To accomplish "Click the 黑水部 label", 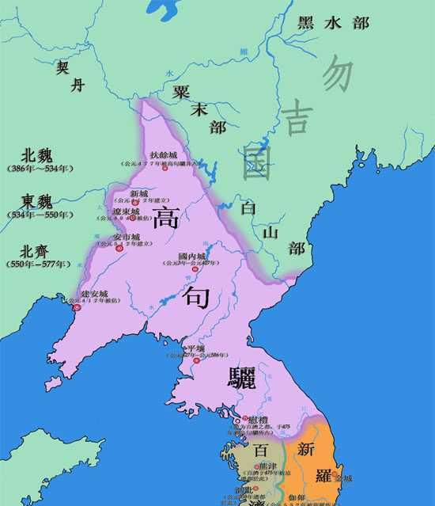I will tap(333, 23).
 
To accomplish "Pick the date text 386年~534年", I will tap(40, 169).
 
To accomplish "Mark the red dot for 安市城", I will tap(120, 248).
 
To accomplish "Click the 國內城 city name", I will tap(191, 257).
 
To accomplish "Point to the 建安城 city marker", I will tap(78, 306).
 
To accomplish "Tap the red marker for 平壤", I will tap(196, 361).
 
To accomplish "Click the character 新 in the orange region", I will tap(306, 449).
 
